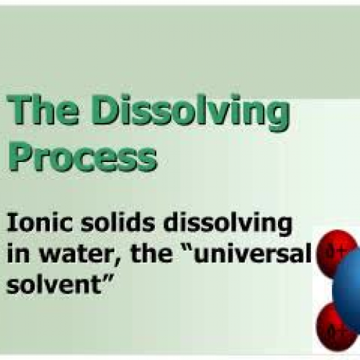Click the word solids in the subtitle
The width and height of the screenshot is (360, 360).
107,224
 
